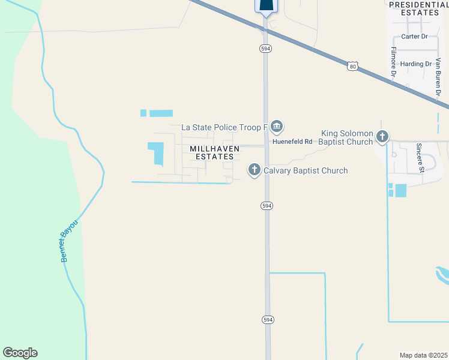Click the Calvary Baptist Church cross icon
click(254, 171)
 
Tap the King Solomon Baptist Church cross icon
click(382, 137)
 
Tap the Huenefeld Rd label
click(293, 142)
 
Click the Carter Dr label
click(414, 37)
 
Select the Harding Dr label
click(417, 64)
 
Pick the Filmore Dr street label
click(394, 63)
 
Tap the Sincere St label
click(421, 158)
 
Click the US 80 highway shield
click(352, 66)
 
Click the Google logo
click(20, 353)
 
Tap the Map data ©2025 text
click(424, 355)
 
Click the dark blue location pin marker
click(267, 5)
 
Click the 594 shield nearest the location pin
click(265, 48)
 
